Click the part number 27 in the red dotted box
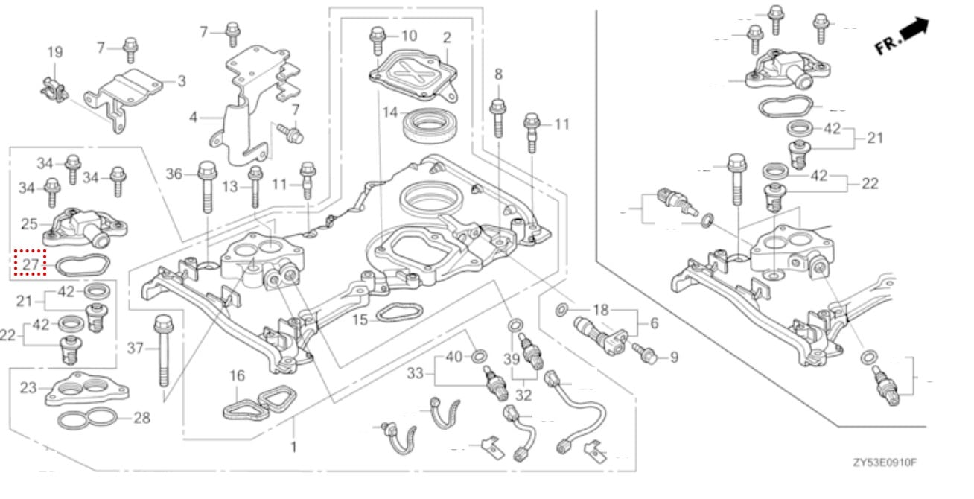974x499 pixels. (x=31, y=264)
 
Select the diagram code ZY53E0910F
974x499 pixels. (x=884, y=463)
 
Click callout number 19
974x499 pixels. (x=55, y=52)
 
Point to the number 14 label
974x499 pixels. (x=390, y=112)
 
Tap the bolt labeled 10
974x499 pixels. (x=378, y=40)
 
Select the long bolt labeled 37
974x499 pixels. (x=164, y=351)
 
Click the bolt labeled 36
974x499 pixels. (x=207, y=187)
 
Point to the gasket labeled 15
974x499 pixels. (x=399, y=314)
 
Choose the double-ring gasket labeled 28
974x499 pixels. (x=87, y=418)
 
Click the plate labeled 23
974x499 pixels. (x=87, y=390)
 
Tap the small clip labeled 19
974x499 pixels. (x=54, y=89)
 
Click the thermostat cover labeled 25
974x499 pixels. (x=85, y=227)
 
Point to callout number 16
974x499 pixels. (x=237, y=375)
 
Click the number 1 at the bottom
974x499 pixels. (x=293, y=447)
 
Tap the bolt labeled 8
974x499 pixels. (x=498, y=118)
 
